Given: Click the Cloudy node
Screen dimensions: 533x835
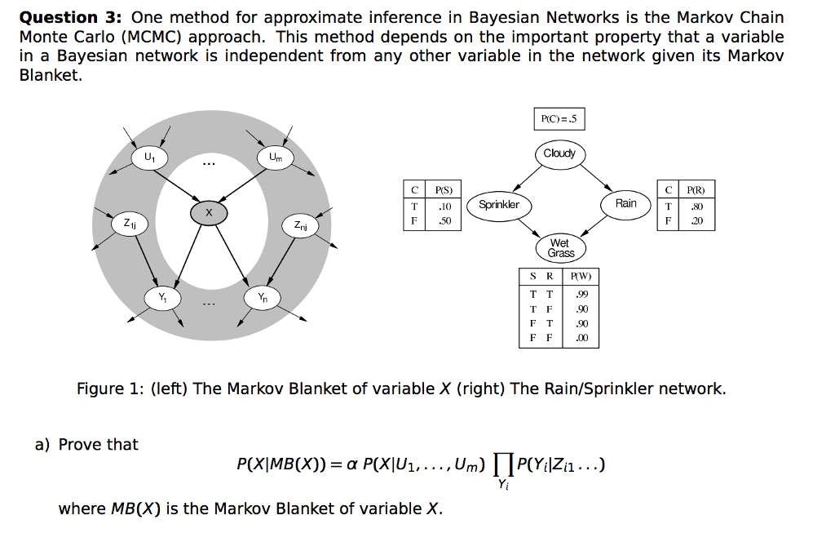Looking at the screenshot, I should (x=559, y=153).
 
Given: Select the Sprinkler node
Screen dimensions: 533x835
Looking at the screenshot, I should (x=499, y=204).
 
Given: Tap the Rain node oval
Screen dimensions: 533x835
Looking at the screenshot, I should (x=626, y=203).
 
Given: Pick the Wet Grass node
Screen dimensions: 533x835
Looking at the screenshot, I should (x=561, y=248).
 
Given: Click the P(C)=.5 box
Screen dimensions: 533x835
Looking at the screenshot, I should (x=559, y=119).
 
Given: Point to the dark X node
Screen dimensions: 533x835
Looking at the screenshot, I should (x=209, y=213).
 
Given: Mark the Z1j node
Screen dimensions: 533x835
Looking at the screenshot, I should (x=130, y=222).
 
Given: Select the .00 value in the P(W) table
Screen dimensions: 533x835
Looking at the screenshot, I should (x=581, y=338).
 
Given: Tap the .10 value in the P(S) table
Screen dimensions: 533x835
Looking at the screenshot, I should (x=444, y=206).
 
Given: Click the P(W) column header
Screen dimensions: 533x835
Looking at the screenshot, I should (x=581, y=276).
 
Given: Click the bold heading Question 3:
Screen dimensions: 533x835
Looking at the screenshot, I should (x=70, y=17).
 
